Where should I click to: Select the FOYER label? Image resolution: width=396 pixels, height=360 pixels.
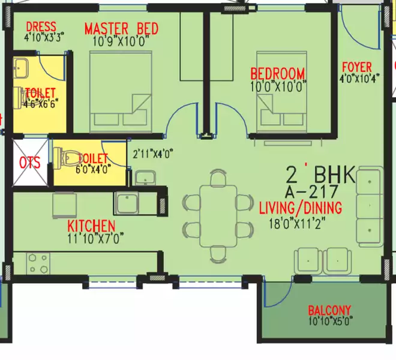(356, 67)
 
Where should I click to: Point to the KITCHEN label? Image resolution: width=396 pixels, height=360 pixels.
(91, 226)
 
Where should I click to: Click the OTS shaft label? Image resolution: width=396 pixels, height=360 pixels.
(29, 163)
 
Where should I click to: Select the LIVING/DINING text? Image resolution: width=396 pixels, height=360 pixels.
(300, 208)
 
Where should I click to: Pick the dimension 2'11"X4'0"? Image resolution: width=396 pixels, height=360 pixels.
(152, 152)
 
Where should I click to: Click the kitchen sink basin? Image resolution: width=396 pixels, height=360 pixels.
(127, 203)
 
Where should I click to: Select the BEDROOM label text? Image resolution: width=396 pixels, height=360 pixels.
(277, 74)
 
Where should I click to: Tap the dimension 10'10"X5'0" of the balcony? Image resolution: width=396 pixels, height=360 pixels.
(329, 320)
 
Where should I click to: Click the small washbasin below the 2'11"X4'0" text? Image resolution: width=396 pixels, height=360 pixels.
(145, 177)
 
